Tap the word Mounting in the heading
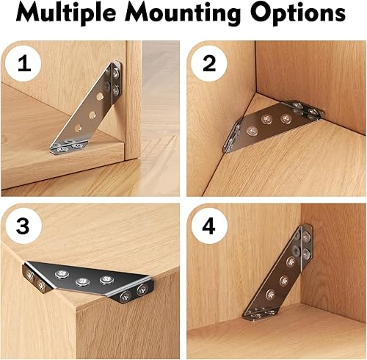183,13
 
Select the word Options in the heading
298,13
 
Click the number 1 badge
23,64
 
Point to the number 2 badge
209,64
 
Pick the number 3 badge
23,226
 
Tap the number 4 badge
209,226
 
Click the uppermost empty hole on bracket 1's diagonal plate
100,96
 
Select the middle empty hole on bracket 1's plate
92,114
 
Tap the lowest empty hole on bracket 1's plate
79,127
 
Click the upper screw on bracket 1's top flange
116,73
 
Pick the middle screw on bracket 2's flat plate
266,119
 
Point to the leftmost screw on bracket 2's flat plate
252,132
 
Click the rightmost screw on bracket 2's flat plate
286,118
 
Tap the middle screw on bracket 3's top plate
82,281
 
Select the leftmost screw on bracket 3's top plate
62,274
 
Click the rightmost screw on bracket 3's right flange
142,289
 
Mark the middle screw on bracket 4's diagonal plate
284,281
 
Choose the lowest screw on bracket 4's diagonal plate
270,295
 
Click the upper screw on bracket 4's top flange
306,237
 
